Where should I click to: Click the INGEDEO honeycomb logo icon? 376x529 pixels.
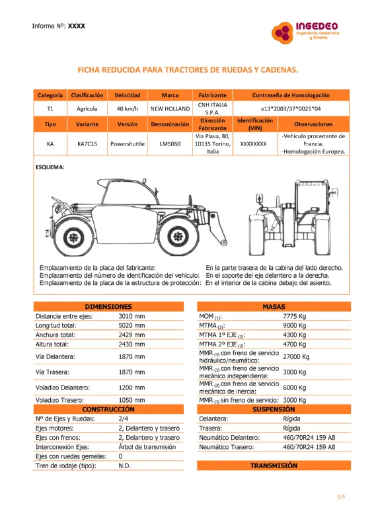tap(282, 32)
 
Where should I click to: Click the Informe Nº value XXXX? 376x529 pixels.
tap(77, 26)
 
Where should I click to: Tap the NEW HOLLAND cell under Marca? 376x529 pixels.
tap(170, 108)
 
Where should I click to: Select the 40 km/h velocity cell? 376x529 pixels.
tap(128, 108)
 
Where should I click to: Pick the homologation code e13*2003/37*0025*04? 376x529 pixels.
tap(291, 108)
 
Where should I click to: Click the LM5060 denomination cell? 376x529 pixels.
tap(170, 143)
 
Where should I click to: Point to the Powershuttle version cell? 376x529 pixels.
tap(128, 143)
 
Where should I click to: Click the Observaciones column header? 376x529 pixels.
tap(313, 124)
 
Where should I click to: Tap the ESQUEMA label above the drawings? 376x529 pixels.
tap(50, 167)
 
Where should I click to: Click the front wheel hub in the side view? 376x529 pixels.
tap(178, 237)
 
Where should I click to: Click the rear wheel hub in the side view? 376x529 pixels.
tap(73, 237)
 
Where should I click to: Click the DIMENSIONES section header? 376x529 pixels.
tap(108, 307)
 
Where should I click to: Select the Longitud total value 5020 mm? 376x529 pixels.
tap(132, 325)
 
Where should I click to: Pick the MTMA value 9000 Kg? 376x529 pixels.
tap(295, 325)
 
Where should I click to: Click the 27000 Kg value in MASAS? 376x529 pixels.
tap(296, 356)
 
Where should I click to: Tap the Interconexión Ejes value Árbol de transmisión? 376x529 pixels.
tap(147, 447)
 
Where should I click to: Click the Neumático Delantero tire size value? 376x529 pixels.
tap(309, 438)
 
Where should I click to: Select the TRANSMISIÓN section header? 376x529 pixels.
tap(274, 466)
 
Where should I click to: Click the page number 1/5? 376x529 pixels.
tap(341, 497)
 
